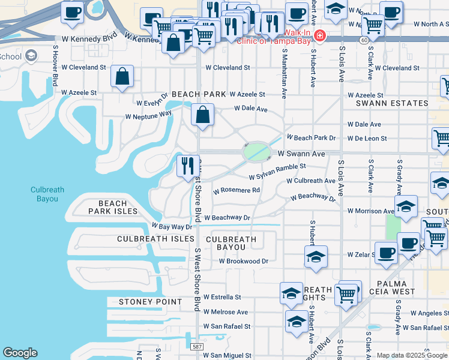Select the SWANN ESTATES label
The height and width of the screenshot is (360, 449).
(x=390, y=104)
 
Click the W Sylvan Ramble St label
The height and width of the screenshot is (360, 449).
(x=277, y=171)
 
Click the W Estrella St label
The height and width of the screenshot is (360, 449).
(x=221, y=297)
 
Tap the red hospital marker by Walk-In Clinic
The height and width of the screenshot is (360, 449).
(x=320, y=35)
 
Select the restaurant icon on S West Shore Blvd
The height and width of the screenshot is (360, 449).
(x=187, y=164)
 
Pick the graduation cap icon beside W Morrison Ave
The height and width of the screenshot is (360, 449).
(x=406, y=206)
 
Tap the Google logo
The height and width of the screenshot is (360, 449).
(x=20, y=353)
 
